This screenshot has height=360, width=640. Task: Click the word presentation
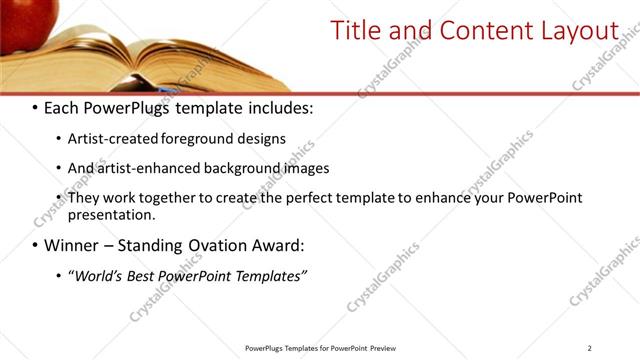[x=111, y=214]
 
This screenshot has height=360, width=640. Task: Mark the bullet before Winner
[x=36, y=245]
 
